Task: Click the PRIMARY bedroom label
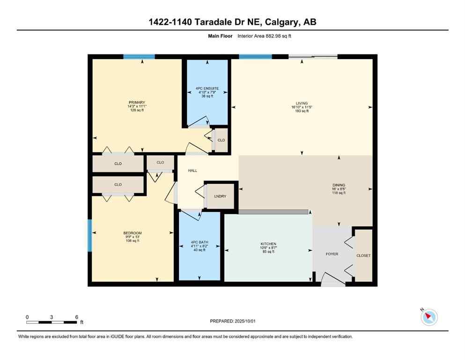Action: pos(137,103)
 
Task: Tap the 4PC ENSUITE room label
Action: pos(207,88)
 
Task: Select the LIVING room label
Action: pos(301,103)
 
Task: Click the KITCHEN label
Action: pos(268,244)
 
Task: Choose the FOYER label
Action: pos(332,254)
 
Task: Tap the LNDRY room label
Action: pos(220,196)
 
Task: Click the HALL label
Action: pos(192,171)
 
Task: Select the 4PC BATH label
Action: pos(200,242)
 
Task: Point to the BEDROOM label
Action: pos(133,233)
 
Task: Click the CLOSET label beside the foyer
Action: pos(363,255)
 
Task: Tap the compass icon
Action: pos(429,317)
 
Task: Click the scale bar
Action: pos(52,322)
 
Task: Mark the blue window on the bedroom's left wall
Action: pos(90,235)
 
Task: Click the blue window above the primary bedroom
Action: pos(139,57)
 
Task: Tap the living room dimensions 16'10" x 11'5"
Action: pos(301,107)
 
